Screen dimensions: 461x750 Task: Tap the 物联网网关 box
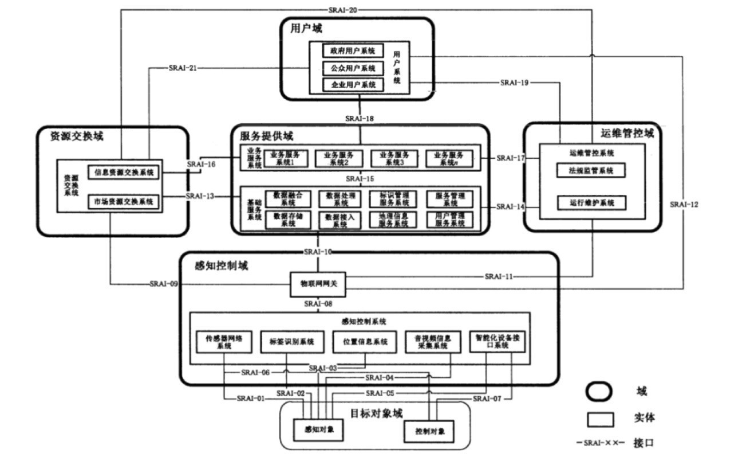click(319, 284)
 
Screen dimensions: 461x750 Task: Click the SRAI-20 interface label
click(344, 10)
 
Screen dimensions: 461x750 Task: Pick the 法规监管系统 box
click(590, 170)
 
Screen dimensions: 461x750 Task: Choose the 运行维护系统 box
click(590, 202)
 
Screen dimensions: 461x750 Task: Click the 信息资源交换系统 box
click(124, 171)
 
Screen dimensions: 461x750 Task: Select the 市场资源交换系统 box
click(124, 202)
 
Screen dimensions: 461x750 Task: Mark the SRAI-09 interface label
click(163, 283)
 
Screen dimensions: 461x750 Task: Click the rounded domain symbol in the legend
click(598, 392)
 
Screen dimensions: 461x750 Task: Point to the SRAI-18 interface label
click(360, 118)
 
